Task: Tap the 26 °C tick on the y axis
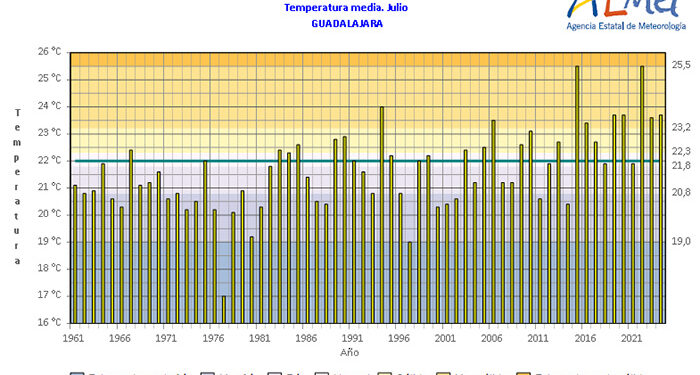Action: (x=50, y=52)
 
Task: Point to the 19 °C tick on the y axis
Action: (x=50, y=241)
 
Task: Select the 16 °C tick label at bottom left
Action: (x=50, y=323)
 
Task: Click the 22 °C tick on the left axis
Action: (x=50, y=160)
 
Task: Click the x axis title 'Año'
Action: (x=349, y=353)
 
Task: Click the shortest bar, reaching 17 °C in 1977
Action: (x=223, y=309)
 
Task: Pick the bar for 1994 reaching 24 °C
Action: (x=381, y=215)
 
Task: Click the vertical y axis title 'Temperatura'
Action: (x=17, y=186)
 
